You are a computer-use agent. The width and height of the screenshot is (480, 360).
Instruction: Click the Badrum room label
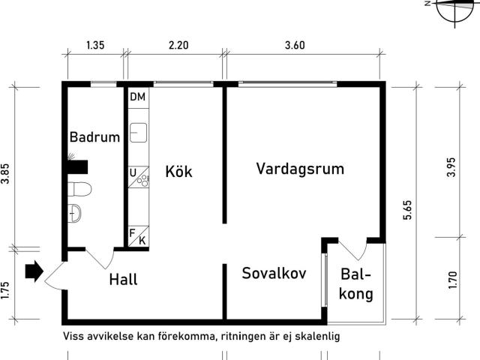[94, 137]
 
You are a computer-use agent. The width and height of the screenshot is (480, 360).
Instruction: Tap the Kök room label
[179, 172]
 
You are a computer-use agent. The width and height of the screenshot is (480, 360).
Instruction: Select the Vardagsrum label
[300, 169]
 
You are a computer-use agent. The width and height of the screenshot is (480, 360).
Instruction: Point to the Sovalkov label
[274, 273]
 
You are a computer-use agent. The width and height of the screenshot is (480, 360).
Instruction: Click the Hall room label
[123, 280]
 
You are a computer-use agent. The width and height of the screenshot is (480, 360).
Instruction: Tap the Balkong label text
[357, 285]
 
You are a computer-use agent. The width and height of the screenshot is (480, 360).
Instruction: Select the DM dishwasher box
[137, 97]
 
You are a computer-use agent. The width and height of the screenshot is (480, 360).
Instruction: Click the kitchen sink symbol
[137, 133]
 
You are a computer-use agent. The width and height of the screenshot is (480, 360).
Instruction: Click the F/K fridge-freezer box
[137, 237]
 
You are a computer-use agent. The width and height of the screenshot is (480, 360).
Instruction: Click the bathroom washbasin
[74, 213]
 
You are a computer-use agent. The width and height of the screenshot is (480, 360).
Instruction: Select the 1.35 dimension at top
[95, 46]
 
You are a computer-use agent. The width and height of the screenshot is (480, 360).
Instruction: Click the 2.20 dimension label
[178, 46]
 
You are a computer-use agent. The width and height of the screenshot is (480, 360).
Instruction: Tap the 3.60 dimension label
[295, 46]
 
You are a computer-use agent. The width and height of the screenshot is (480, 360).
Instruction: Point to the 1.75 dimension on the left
[6, 290]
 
